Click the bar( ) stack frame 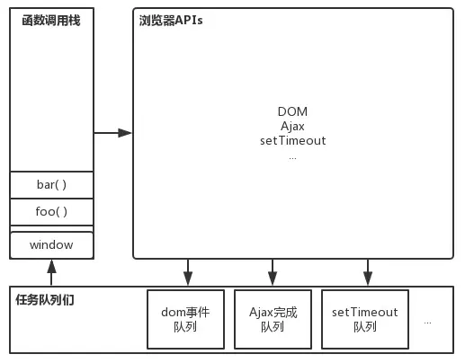51,185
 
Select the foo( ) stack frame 51,212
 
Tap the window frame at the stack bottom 51,245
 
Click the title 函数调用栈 51,21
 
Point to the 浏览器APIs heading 171,21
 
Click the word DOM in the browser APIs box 292,111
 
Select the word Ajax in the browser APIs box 292,126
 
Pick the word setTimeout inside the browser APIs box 293,140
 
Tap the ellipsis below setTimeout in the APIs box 292,158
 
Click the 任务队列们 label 45,300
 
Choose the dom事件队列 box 185,319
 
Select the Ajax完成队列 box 273,319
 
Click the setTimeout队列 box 365,319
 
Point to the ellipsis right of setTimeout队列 427,323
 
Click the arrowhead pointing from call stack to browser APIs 125,133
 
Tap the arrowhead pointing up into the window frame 51,266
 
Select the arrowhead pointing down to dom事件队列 188,279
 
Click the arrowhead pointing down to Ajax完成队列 273,279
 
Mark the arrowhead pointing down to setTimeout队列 368,279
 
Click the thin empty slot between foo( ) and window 51,229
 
